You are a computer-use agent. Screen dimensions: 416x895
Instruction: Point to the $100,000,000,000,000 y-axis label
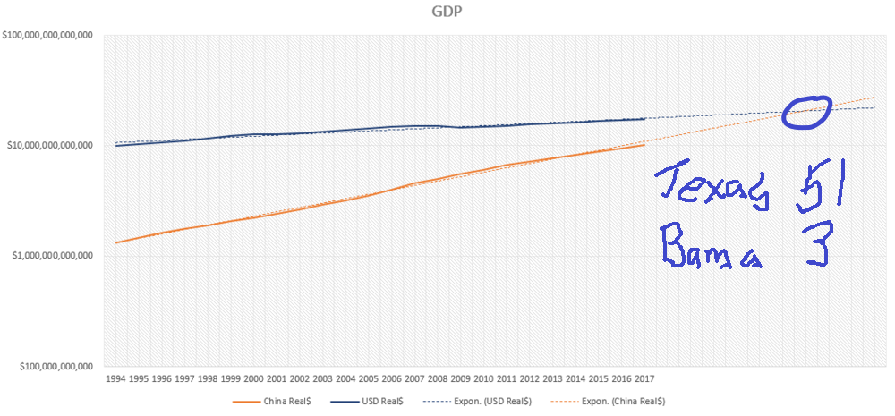pyautogui.click(x=51, y=35)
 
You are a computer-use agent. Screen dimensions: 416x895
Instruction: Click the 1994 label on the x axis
pyautogui.click(x=116, y=379)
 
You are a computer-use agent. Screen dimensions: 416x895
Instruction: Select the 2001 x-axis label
pyautogui.click(x=277, y=379)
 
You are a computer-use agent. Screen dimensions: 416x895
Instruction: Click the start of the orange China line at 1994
pyautogui.click(x=116, y=242)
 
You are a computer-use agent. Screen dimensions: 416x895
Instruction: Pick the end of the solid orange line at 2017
pyautogui.click(x=644, y=144)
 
